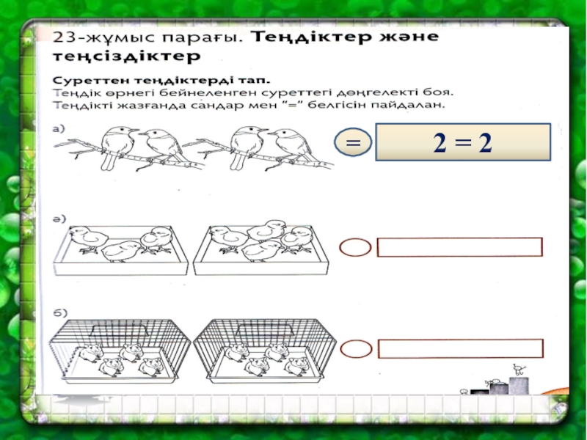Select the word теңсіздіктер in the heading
126,57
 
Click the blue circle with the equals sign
353,142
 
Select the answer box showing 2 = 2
463,142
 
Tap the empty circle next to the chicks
355,247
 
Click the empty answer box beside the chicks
460,247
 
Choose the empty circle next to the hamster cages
356,349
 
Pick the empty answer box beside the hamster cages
461,349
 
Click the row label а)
59,129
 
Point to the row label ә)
59,219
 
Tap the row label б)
60,312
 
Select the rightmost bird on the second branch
290,147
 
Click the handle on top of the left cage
120,329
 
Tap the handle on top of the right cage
264,329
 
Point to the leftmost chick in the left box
87,239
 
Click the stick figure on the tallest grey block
519,370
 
